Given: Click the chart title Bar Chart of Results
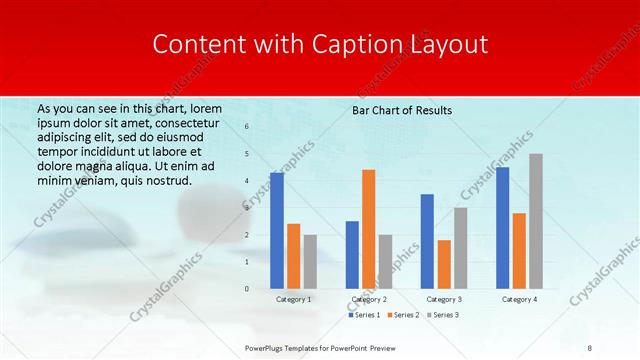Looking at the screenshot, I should [402, 110].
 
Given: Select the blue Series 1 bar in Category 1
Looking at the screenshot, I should [277, 230].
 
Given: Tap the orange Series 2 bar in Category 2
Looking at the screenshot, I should [368, 229].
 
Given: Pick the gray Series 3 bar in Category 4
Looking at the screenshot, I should [536, 221].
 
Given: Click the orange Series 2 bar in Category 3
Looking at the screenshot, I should [444, 264].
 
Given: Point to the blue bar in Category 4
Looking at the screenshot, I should [502, 227].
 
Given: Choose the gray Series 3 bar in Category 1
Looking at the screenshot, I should [310, 261].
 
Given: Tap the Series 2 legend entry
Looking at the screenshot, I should [402, 315].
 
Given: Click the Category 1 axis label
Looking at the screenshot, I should [294, 299].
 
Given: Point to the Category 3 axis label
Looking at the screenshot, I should [444, 299].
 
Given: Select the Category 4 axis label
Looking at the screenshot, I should [519, 299].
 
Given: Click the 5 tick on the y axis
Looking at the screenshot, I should [246, 154].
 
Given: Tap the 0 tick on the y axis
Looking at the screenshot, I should [246, 289].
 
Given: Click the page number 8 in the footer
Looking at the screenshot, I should [590, 346].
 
